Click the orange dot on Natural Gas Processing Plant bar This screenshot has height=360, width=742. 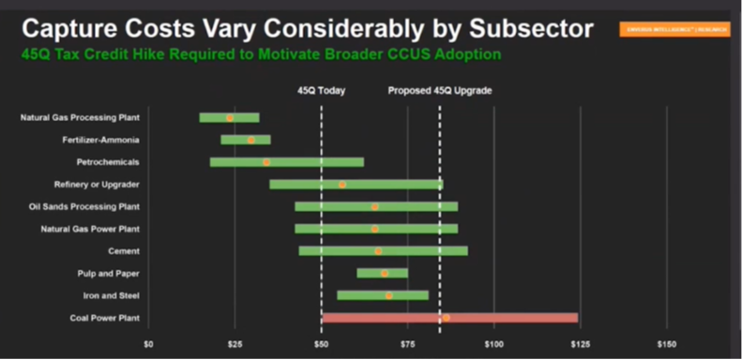click(230, 118)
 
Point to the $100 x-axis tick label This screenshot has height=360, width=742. click(493, 345)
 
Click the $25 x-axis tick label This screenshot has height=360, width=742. click(235, 345)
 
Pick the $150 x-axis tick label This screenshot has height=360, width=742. click(666, 345)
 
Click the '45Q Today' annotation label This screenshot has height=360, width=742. click(321, 91)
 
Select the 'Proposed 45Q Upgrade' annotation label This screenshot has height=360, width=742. click(440, 91)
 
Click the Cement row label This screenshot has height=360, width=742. click(124, 251)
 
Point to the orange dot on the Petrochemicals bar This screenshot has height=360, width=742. click(266, 162)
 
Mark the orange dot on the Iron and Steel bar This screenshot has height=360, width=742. click(388, 295)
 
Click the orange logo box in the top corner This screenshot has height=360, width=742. click(674, 29)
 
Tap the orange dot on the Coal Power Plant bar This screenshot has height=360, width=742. click(446, 318)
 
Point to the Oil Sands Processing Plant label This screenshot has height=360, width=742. click(84, 206)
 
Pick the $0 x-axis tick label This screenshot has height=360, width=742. click(148, 345)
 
